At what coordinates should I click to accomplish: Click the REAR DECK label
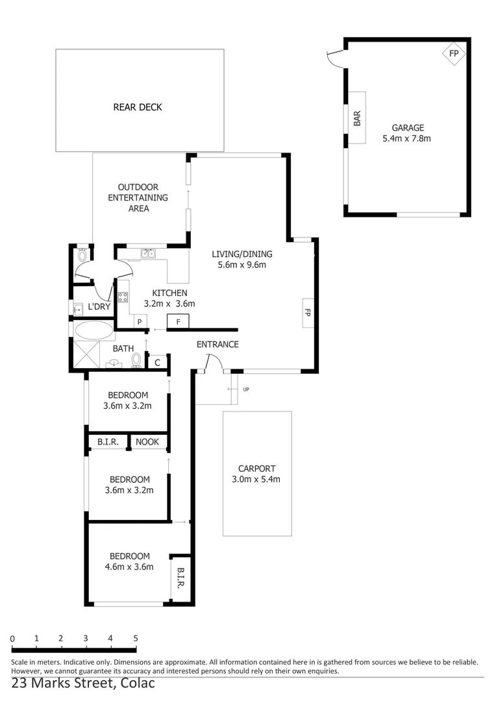(x=138, y=107)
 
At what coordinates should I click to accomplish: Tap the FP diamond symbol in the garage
(x=453, y=53)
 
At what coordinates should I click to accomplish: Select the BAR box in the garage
(x=356, y=118)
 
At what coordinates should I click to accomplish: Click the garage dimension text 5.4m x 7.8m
(x=407, y=138)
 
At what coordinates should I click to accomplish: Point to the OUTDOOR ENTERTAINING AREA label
(x=138, y=198)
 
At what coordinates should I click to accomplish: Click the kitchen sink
(x=149, y=254)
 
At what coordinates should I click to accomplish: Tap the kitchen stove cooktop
(x=123, y=299)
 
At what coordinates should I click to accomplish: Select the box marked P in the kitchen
(x=139, y=321)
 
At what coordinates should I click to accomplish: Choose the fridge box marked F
(x=178, y=321)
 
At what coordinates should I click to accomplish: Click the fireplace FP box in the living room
(x=308, y=312)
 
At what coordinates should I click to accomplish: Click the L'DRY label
(x=99, y=306)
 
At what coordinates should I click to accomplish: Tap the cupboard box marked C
(x=157, y=362)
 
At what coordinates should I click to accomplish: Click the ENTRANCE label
(x=217, y=345)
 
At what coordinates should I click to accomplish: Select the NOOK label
(x=147, y=442)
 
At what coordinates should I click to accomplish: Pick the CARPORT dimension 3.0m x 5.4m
(x=256, y=480)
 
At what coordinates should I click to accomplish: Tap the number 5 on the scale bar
(x=136, y=639)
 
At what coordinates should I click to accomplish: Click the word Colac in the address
(x=138, y=683)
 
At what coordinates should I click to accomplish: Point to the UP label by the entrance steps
(x=245, y=389)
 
